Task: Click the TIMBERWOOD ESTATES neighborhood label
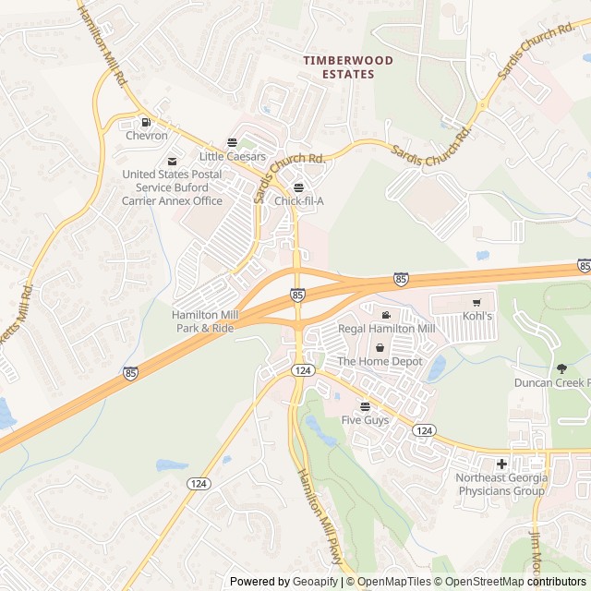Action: [x=348, y=66]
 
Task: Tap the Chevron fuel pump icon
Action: [x=146, y=122]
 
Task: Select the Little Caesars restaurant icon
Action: [x=232, y=143]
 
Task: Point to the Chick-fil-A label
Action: [x=298, y=200]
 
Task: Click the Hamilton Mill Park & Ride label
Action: [x=204, y=320]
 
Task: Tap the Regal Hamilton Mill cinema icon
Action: [x=386, y=316]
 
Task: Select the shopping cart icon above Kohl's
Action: [x=476, y=302]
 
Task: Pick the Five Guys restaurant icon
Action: [x=364, y=406]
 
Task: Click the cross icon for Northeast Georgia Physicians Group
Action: [x=501, y=464]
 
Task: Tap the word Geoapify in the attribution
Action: [x=315, y=582]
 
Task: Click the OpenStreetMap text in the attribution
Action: [x=480, y=582]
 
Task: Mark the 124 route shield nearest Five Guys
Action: [x=424, y=430]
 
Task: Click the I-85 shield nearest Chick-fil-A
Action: [x=296, y=295]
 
